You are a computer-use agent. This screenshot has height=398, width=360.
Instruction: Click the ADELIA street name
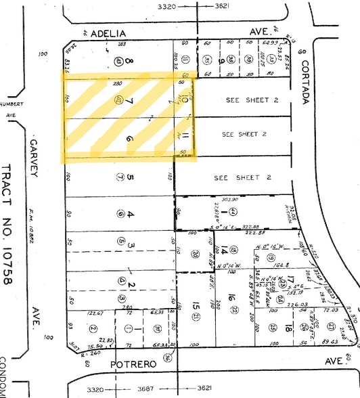108,32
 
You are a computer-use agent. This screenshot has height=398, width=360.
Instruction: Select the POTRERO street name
134,364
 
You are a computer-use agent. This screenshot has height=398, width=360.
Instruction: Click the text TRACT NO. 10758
8,223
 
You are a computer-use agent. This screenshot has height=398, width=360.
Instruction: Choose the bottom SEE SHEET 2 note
242,178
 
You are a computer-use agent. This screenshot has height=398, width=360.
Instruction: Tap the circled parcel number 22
235,309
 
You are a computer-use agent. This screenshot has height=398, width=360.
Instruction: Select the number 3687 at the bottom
144,391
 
